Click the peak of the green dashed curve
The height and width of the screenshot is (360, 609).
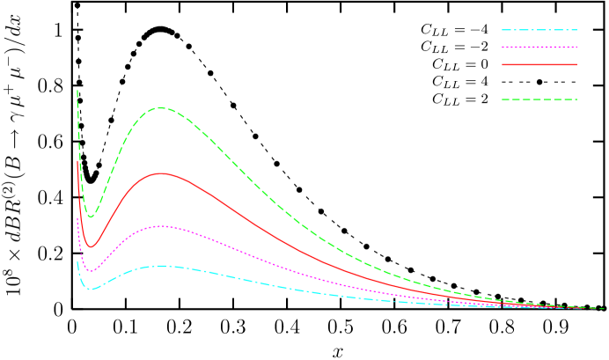pyautogui.click(x=160, y=107)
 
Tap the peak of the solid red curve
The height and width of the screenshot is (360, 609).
pyautogui.click(x=161, y=173)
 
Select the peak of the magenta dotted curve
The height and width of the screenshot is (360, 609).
pyautogui.click(x=161, y=226)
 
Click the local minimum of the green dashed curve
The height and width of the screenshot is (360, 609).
pyautogui.click(x=90, y=217)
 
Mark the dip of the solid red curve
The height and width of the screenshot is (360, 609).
pyautogui.click(x=90, y=247)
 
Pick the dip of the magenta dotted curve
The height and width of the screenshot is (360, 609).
pyautogui.click(x=91, y=271)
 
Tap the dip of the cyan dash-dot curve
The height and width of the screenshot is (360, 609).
pyautogui.click(x=91, y=289)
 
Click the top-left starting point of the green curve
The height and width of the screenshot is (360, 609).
pyautogui.click(x=77, y=90)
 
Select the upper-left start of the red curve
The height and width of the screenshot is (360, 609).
pyautogui.click(x=77, y=160)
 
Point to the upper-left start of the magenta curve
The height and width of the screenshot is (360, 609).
pyautogui.click(x=77, y=217)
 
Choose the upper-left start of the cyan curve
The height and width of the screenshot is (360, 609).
pyautogui.click(x=77, y=260)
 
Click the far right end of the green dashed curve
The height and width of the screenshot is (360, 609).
pyautogui.click(x=604, y=308)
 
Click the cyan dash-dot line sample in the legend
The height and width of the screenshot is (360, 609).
pyautogui.click(x=539, y=30)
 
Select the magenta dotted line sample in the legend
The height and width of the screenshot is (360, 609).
pyautogui.click(x=539, y=47)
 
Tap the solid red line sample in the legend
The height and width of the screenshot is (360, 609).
pyautogui.click(x=539, y=64)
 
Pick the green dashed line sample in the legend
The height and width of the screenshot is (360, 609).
pyautogui.click(x=539, y=99)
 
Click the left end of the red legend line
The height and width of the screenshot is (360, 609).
pyautogui.click(x=503, y=64)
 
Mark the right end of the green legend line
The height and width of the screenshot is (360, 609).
pyautogui.click(x=576, y=99)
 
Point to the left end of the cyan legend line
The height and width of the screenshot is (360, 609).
pyautogui.click(x=503, y=30)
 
